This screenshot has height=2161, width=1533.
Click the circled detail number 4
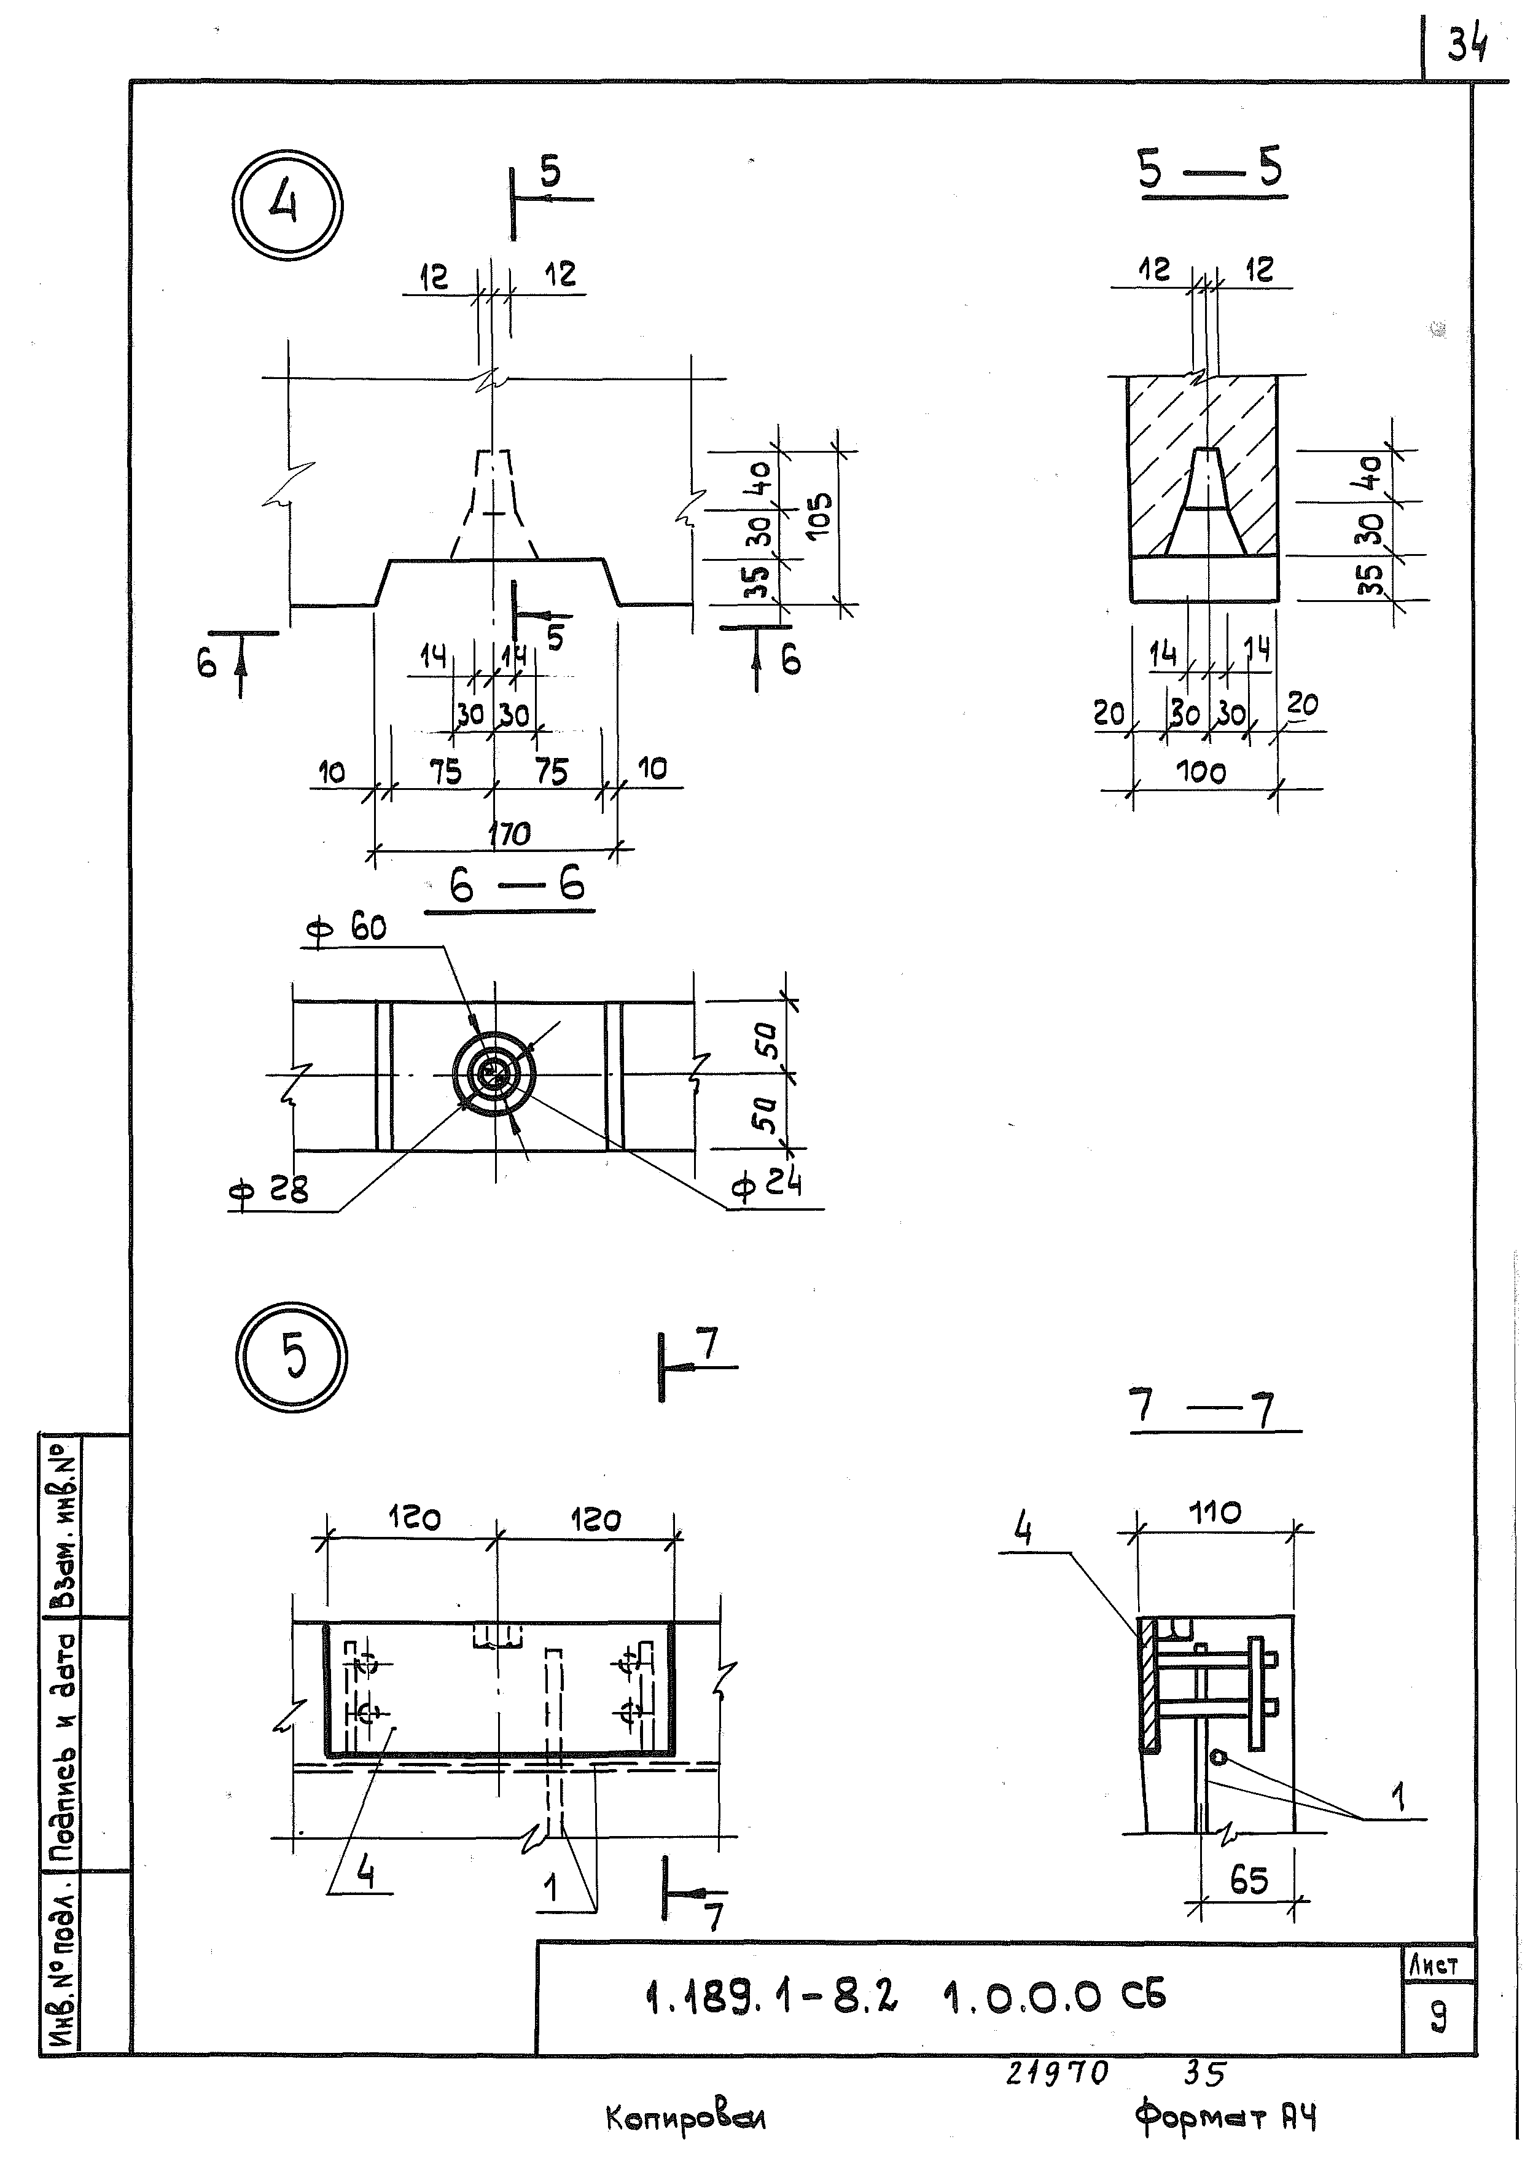point(286,205)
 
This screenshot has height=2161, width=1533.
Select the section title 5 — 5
point(1211,170)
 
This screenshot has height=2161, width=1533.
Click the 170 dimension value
point(510,834)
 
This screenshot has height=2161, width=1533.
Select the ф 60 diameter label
point(346,929)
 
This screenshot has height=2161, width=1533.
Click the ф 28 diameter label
point(269,1192)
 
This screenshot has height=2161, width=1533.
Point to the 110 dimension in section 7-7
point(1215,1512)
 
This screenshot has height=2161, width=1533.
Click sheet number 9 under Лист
point(1438,2017)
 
